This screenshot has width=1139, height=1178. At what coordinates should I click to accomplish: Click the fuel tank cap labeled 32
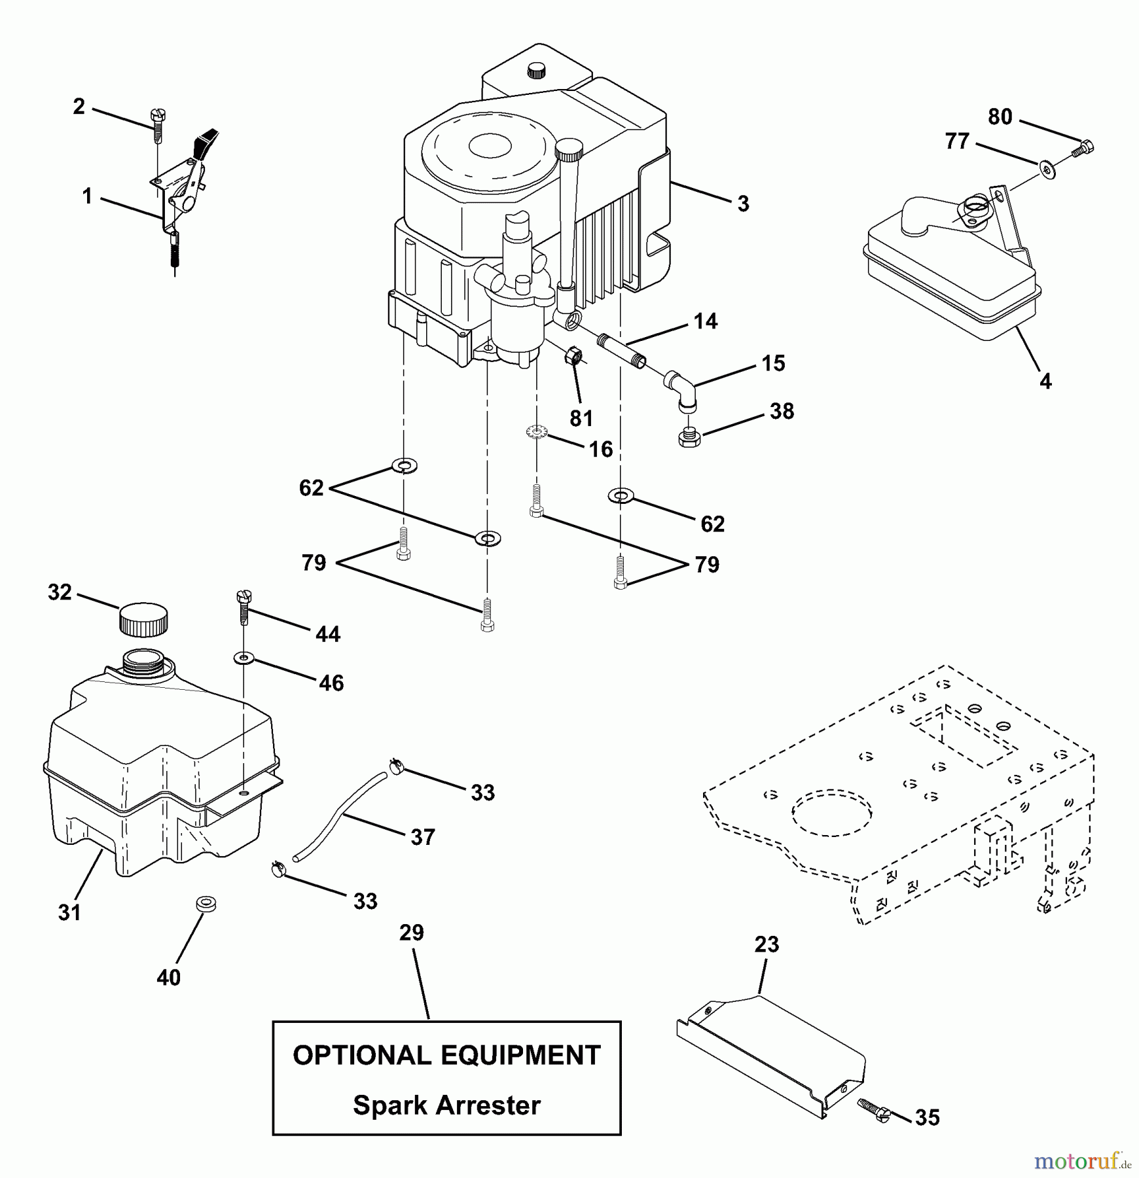pyautogui.click(x=143, y=618)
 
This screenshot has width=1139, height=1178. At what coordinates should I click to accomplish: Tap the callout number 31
pyautogui.click(x=69, y=912)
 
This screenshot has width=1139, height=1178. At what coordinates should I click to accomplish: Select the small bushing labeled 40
pyautogui.click(x=206, y=905)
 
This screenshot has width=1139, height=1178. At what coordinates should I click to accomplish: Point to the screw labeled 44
pyautogui.click(x=244, y=607)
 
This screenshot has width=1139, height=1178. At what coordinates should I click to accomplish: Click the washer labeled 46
pyautogui.click(x=244, y=657)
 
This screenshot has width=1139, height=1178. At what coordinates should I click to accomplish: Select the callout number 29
pyautogui.click(x=411, y=933)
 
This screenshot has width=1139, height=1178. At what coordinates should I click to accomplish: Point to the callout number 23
pyautogui.click(x=767, y=944)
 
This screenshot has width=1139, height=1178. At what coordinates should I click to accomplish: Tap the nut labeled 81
pyautogui.click(x=574, y=357)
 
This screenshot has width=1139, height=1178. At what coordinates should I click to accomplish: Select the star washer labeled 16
pyautogui.click(x=537, y=432)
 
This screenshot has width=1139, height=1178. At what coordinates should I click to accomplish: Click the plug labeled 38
pyautogui.click(x=688, y=437)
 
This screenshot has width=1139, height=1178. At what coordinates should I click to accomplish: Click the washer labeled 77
pyautogui.click(x=1048, y=171)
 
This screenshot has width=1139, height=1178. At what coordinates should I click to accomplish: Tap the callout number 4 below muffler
pyautogui.click(x=1045, y=381)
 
